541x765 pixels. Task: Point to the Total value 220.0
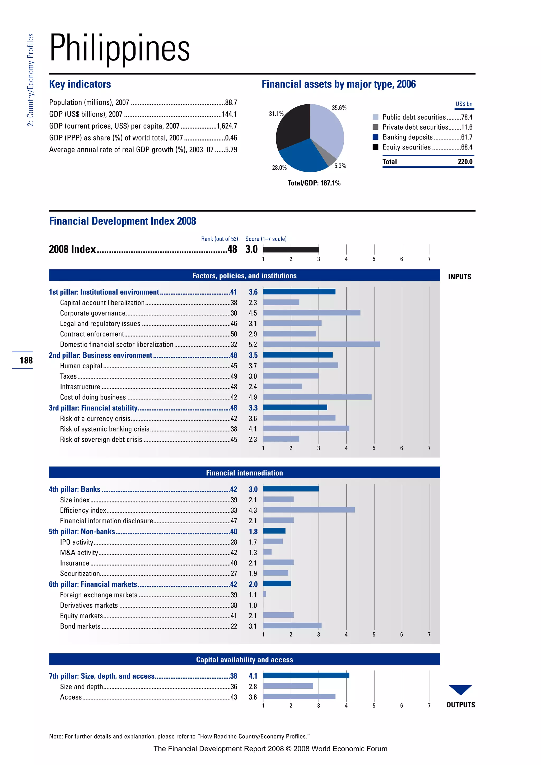[465, 162]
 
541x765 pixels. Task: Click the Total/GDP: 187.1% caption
[314, 183]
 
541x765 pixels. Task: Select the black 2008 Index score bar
[291, 249]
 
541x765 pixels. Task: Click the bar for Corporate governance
[311, 313]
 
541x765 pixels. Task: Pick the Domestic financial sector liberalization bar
[321, 344]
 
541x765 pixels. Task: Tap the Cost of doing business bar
[317, 397]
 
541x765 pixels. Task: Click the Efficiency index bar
[309, 510]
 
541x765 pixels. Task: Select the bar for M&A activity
[267, 552]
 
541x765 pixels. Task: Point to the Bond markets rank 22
[234, 626]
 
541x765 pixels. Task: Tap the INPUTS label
[459, 277]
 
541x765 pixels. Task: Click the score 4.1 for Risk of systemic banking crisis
[253, 429]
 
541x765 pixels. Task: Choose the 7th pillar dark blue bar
[306, 675]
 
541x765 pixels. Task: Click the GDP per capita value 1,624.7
[227, 126]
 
